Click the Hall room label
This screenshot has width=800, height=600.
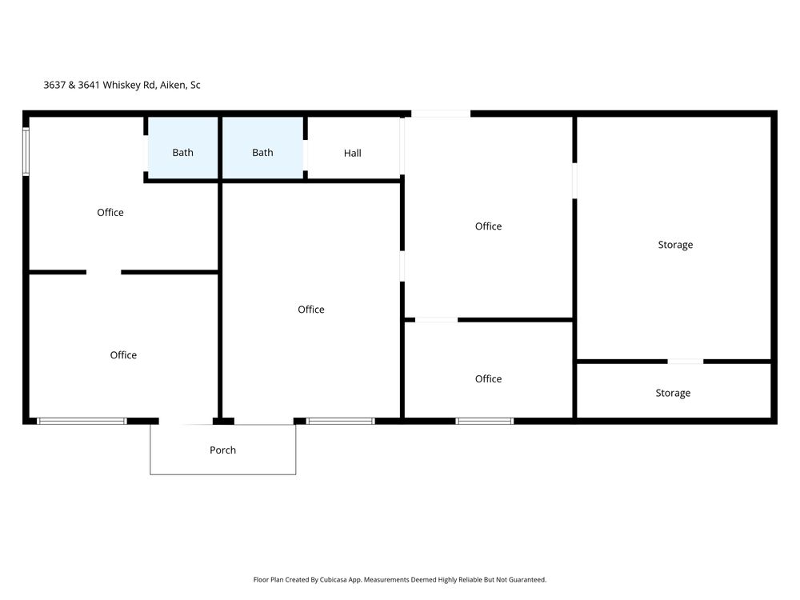352,153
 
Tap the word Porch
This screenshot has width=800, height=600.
222,450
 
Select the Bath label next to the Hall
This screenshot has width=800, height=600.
262,153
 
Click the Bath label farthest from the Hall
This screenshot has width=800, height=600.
182,153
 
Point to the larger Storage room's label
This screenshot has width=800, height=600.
675,245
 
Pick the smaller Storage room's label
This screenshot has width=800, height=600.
673,393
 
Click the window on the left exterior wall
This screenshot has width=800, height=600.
26,151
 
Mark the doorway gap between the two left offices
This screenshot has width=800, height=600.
103,272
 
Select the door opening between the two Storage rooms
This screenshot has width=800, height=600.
686,362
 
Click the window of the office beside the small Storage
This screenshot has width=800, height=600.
484,421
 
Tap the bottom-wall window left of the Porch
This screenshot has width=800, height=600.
82,421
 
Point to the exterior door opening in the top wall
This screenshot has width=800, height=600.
441,114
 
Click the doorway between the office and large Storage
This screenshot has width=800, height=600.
574,181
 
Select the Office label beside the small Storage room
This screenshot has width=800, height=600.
488,378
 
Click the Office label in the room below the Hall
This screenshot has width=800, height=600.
310,309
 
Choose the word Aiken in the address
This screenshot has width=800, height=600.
173,86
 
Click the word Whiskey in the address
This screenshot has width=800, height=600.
121,86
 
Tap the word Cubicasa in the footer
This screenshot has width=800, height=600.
334,579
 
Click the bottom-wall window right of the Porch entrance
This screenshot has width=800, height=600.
340,421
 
